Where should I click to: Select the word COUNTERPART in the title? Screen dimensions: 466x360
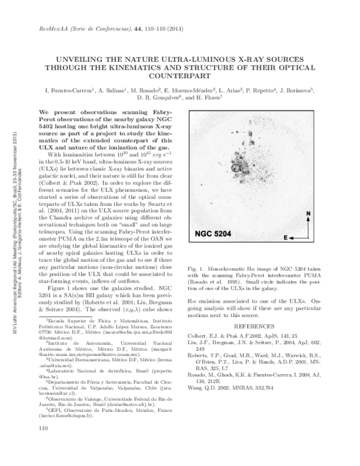click(180, 77)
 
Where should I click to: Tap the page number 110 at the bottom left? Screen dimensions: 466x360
click(43, 446)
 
